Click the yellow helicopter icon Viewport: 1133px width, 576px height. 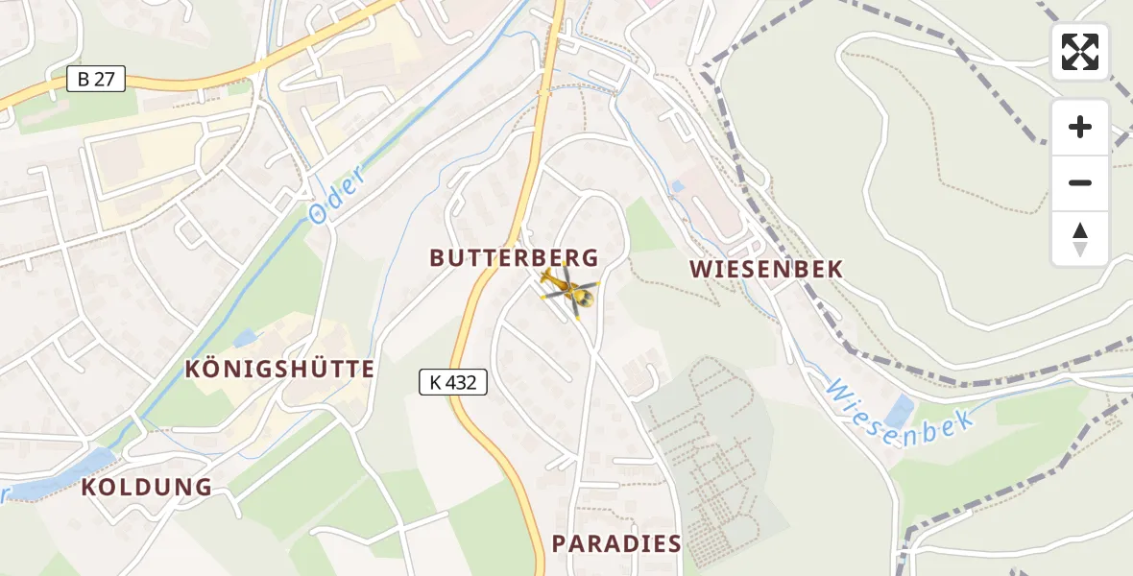pos(568,290)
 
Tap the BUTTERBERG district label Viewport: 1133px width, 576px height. pos(514,258)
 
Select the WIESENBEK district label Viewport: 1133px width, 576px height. pos(766,270)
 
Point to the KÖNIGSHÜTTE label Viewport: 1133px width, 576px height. pos(279,369)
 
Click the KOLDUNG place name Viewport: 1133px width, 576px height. pos(147,487)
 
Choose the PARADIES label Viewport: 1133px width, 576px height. pos(616,543)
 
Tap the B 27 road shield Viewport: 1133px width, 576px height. pos(96,80)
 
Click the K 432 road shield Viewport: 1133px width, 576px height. pos(453,382)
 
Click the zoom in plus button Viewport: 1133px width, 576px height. pos(1080,127)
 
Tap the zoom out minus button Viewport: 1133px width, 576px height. pos(1080,183)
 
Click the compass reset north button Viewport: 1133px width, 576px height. pos(1080,239)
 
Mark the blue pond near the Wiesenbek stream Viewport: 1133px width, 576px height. pos(900,412)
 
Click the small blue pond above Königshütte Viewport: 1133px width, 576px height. pos(245,338)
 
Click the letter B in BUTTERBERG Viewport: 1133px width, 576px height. pos(437,258)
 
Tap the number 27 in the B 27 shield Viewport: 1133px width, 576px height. pos(105,80)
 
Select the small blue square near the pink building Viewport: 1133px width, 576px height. pos(679,186)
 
